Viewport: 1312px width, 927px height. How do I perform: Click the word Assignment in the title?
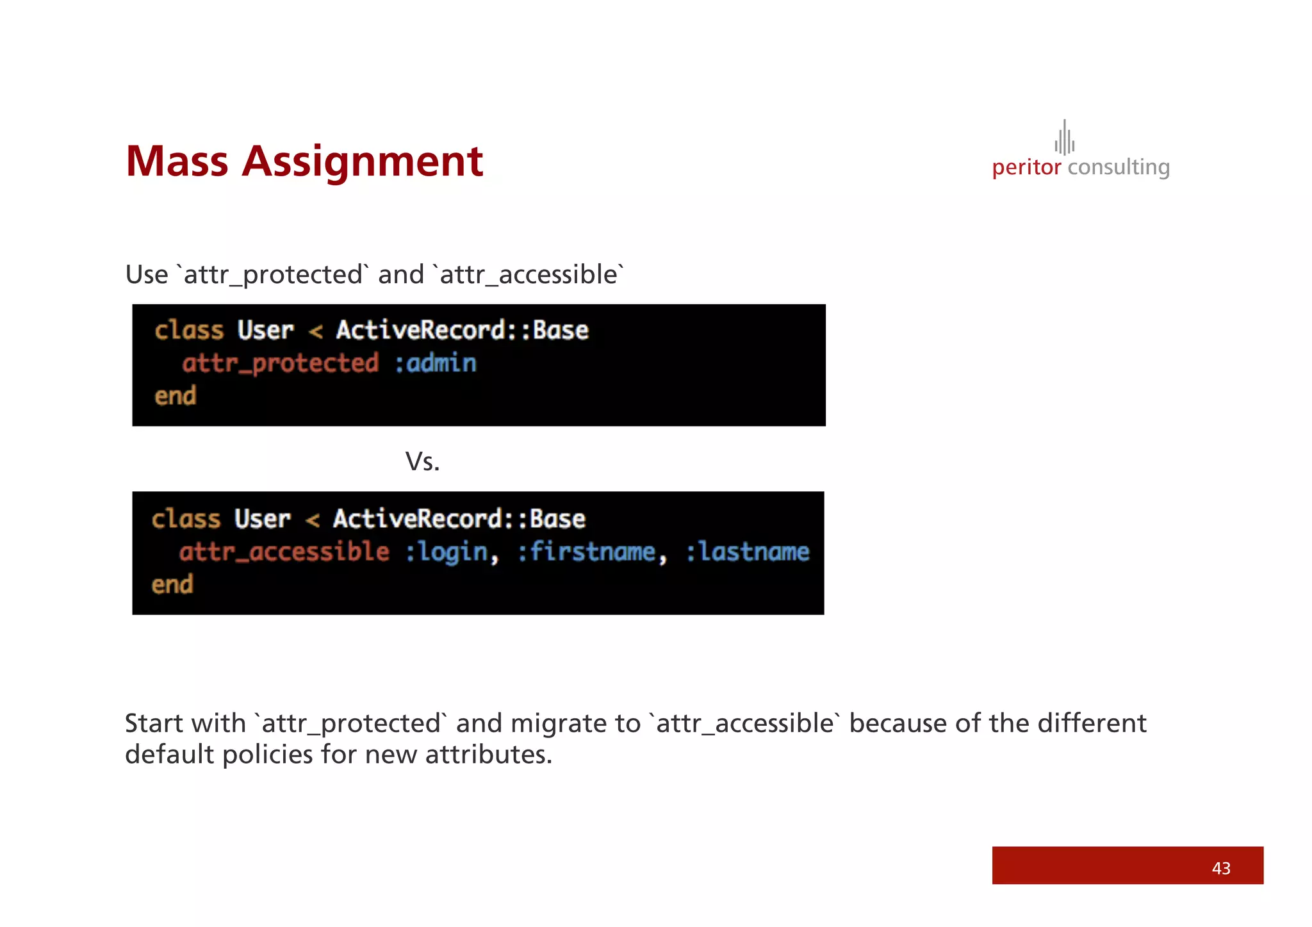click(x=362, y=162)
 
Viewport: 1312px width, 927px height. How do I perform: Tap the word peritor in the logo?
click(x=1026, y=168)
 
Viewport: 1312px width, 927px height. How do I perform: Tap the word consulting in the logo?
click(x=1119, y=168)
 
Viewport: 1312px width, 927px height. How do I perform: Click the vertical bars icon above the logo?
click(x=1064, y=138)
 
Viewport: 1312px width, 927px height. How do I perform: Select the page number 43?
click(x=1220, y=868)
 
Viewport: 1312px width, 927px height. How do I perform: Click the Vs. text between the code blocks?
click(x=422, y=462)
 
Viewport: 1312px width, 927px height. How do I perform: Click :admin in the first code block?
click(x=435, y=364)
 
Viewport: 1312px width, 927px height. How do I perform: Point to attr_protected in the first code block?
click(x=280, y=364)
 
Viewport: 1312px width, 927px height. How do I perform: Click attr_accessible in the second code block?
click(x=284, y=552)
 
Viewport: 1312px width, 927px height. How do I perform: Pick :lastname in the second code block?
click(x=748, y=552)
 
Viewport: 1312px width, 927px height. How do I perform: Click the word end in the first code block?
click(x=175, y=397)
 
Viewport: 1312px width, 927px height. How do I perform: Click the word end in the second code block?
click(x=172, y=585)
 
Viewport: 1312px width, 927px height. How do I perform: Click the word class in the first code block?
click(x=189, y=331)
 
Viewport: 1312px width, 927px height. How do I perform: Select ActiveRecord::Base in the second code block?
click(x=459, y=519)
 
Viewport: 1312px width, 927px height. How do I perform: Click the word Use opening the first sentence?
click(x=147, y=275)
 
